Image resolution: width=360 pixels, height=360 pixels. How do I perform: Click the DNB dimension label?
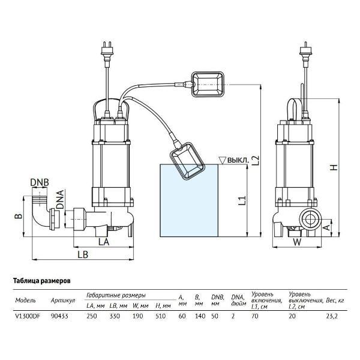[40, 182]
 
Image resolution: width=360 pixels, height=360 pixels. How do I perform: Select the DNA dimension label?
[61, 199]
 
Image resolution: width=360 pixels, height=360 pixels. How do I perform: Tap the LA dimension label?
[104, 242]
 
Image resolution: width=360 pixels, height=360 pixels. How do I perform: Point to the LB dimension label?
[83, 254]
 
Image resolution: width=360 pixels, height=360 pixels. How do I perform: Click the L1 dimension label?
[242, 200]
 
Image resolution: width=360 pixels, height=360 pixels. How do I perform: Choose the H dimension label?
[334, 167]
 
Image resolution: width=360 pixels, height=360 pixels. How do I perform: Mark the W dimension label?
[298, 242]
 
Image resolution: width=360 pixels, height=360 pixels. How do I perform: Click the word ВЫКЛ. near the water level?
[238, 160]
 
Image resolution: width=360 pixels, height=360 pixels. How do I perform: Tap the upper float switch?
[208, 85]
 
